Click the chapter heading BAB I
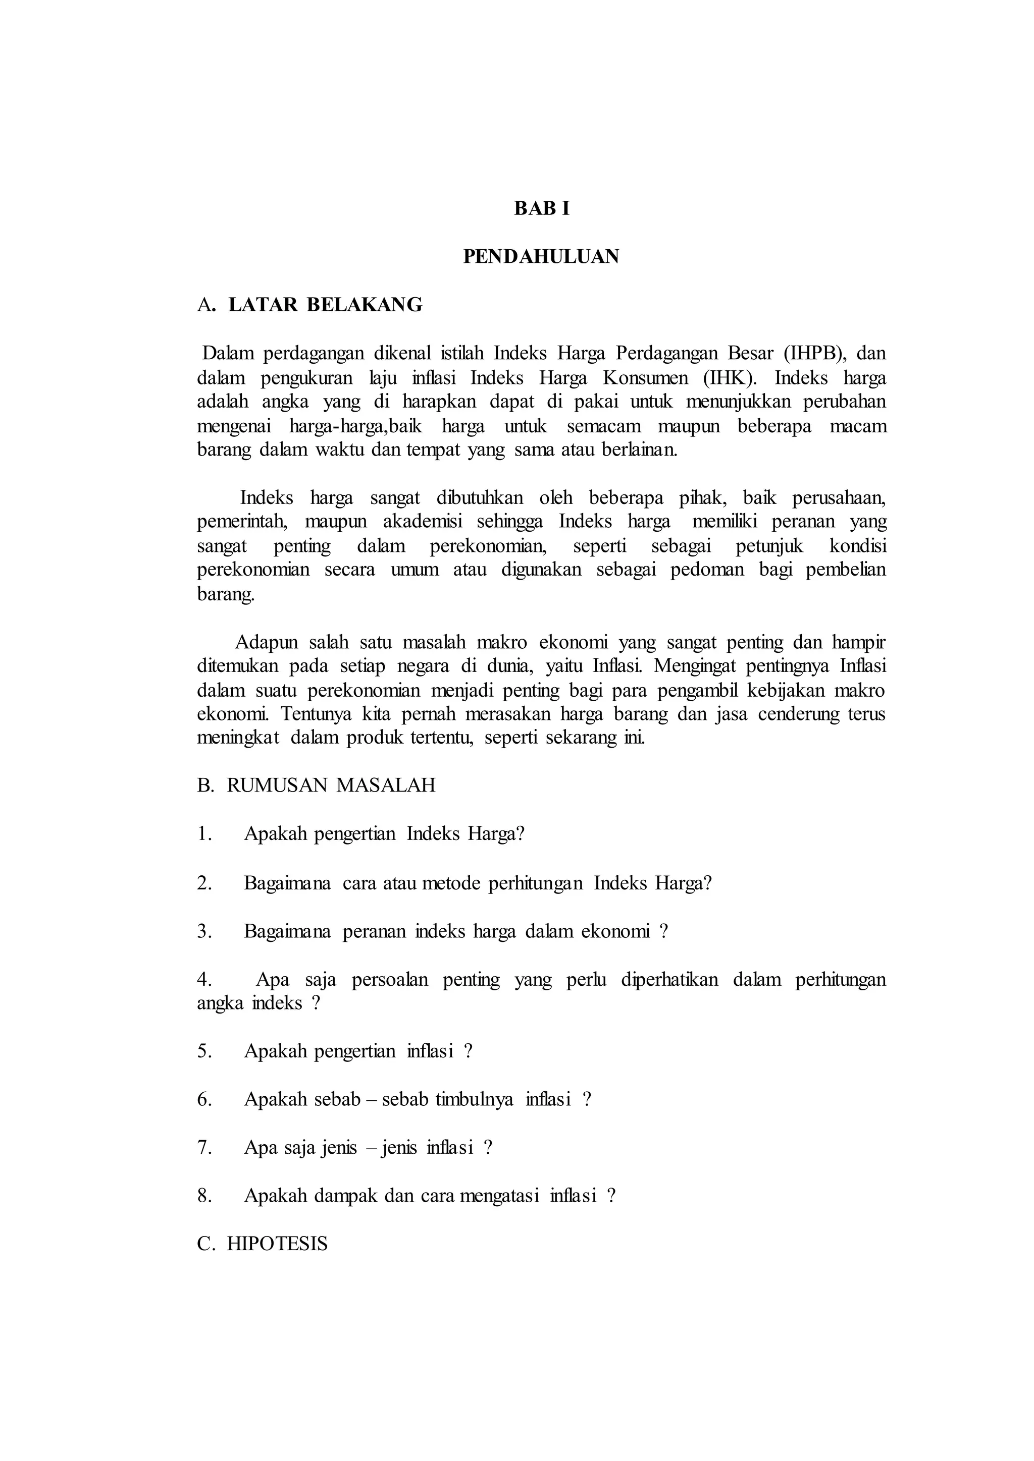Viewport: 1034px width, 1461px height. [x=541, y=209]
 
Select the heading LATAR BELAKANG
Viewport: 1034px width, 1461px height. [x=325, y=305]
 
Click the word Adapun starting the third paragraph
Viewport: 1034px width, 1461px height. [x=266, y=643]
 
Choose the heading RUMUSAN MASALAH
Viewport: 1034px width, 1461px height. [x=331, y=785]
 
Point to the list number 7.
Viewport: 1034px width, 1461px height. [x=204, y=1148]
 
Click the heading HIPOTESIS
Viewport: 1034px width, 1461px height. [x=277, y=1244]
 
